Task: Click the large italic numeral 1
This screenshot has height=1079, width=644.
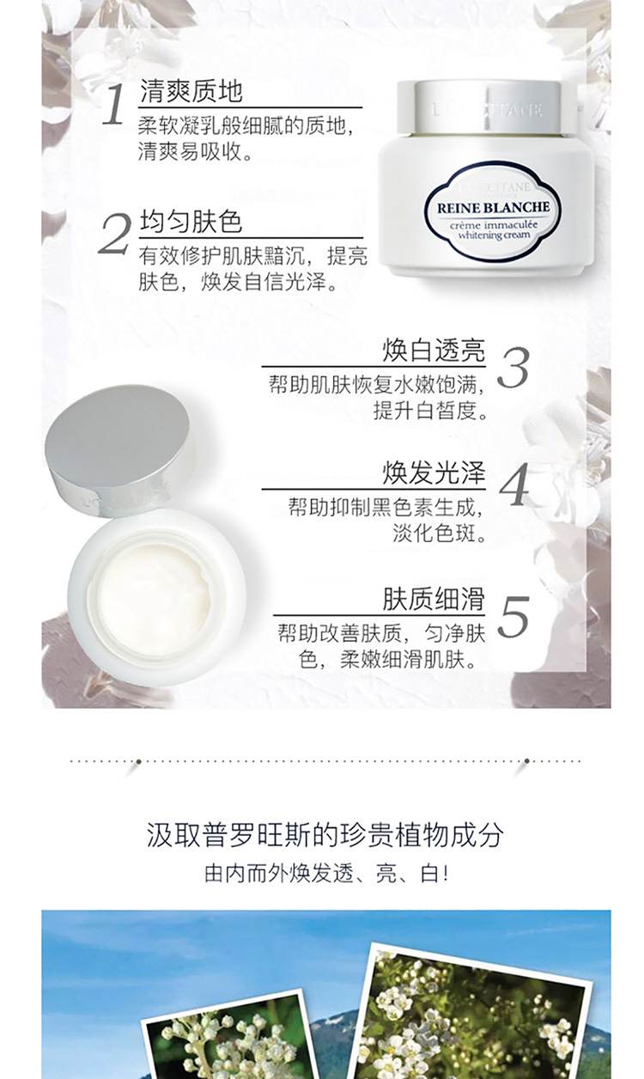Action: [113, 105]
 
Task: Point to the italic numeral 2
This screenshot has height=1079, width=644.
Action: [114, 235]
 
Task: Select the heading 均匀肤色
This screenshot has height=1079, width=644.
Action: [191, 222]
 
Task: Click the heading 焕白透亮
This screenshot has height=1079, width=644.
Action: [434, 351]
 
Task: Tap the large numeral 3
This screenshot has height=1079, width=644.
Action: [513, 367]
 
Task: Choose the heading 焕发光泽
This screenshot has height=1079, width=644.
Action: [434, 473]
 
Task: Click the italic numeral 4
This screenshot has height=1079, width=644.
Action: [514, 485]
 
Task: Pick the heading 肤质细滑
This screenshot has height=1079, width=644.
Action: [434, 599]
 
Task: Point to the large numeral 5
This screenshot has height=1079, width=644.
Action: [513, 617]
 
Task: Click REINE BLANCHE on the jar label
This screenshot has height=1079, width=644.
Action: [493, 208]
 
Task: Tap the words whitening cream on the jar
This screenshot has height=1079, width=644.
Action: [494, 235]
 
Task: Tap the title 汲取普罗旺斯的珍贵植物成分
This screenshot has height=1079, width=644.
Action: [325, 835]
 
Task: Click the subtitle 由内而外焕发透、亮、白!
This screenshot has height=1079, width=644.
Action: [327, 874]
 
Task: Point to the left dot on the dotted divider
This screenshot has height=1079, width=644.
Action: [138, 761]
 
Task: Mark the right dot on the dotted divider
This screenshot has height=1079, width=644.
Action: [526, 761]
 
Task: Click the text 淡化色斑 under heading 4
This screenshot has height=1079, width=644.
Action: [439, 533]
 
